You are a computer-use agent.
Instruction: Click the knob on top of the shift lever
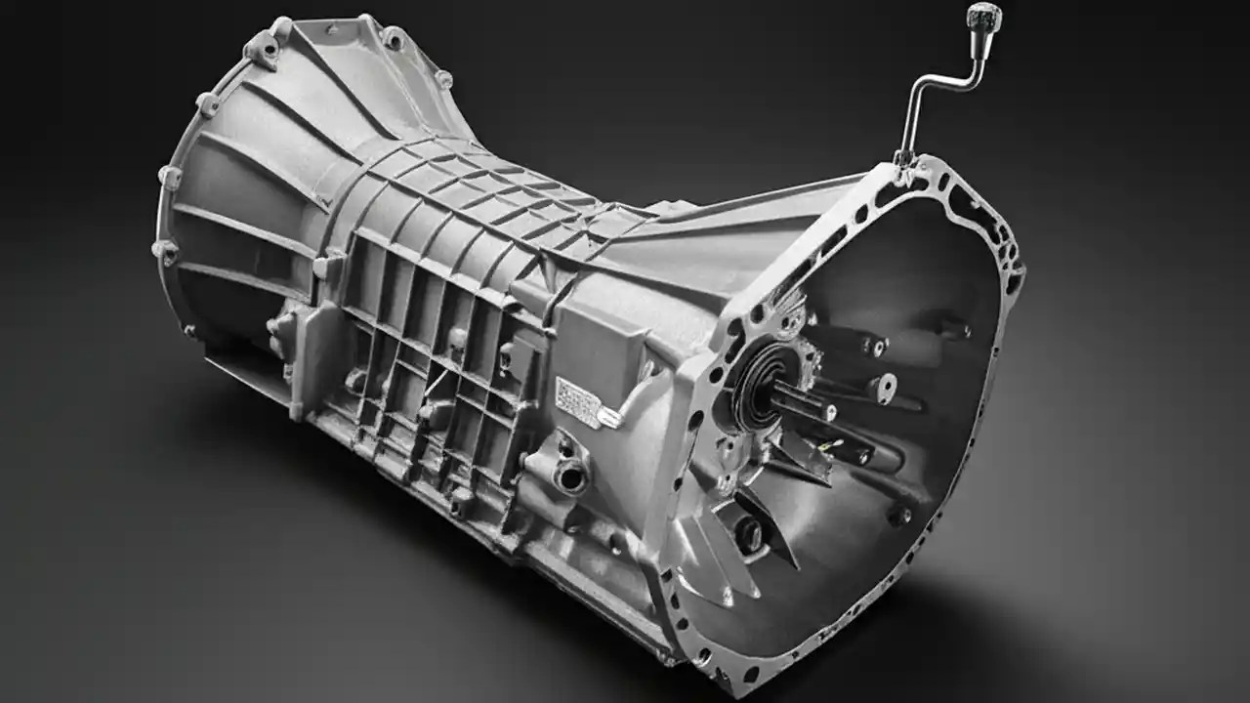click(x=978, y=15)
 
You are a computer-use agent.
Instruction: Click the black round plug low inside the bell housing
click(x=749, y=532)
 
